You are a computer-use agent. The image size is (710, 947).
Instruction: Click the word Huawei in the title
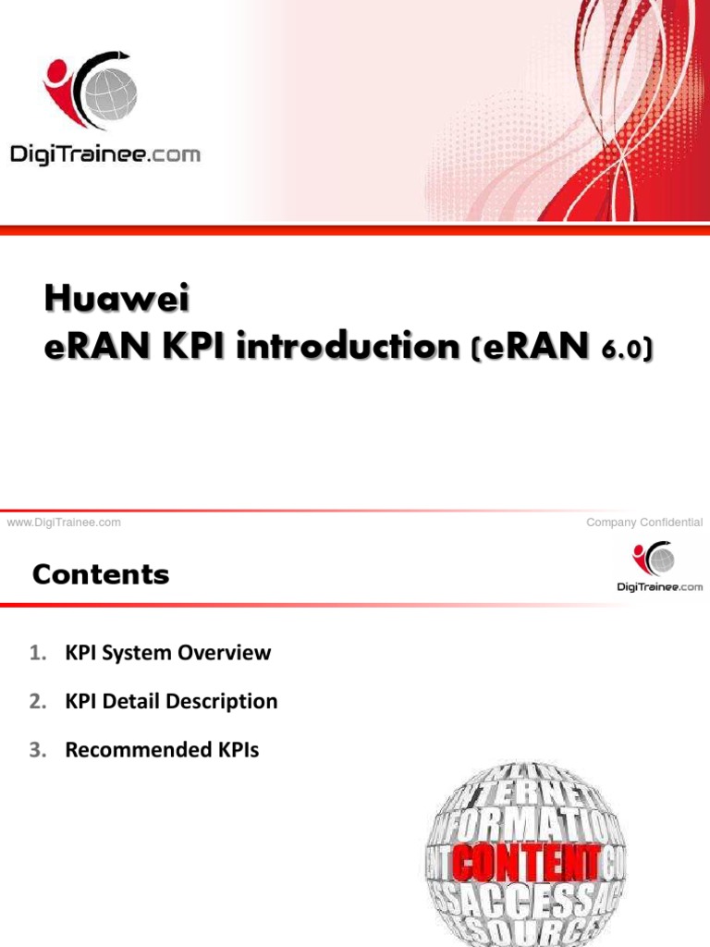pyautogui.click(x=110, y=300)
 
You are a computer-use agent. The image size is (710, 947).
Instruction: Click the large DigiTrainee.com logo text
pyautogui.click(x=104, y=154)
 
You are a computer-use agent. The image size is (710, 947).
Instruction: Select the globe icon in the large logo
pyautogui.click(x=109, y=92)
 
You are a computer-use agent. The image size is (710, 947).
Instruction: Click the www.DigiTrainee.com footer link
pyautogui.click(x=64, y=523)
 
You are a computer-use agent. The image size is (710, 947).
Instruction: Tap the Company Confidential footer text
pyautogui.click(x=644, y=523)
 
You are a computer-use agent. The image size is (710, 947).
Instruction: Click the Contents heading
pyautogui.click(x=101, y=575)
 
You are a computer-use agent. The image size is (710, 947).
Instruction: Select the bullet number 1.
pyautogui.click(x=36, y=653)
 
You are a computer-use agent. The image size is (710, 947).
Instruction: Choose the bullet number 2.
pyautogui.click(x=36, y=702)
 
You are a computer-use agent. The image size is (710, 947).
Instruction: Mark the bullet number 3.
pyautogui.click(x=36, y=750)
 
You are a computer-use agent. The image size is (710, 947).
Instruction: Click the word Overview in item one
pyautogui.click(x=226, y=653)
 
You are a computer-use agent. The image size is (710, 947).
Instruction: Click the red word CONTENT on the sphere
pyautogui.click(x=525, y=864)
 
